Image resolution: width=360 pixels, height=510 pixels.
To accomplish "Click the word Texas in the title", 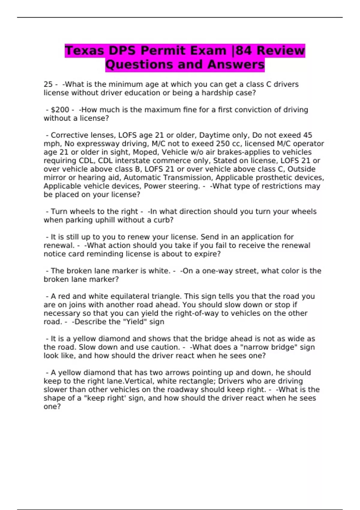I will point(84,50).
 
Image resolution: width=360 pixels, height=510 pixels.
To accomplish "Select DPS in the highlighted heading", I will point(122,50).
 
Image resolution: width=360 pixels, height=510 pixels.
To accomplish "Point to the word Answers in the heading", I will point(236,64).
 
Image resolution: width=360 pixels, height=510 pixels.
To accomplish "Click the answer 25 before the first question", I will point(48,84).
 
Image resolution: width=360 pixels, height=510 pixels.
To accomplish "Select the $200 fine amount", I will point(60,110).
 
